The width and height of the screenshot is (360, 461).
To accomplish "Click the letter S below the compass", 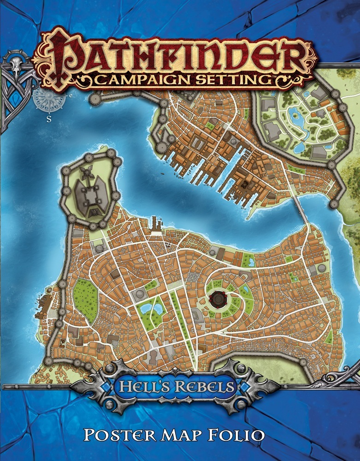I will (48, 117).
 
